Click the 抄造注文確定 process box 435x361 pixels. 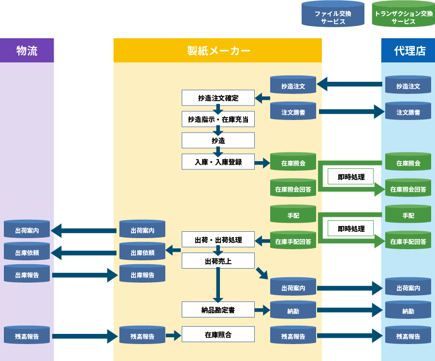point(218,98)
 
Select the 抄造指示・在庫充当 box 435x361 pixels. point(218,119)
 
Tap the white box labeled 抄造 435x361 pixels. point(218,140)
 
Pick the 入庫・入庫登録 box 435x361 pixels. point(218,162)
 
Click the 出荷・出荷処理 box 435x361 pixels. point(218,240)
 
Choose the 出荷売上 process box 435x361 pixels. point(218,261)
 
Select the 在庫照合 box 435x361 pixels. point(218,334)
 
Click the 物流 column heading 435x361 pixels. point(27,51)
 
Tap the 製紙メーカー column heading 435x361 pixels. point(218,51)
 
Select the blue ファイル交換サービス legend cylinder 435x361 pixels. point(333,15)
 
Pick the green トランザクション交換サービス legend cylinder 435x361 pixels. point(403,15)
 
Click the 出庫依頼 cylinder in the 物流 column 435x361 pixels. point(27,252)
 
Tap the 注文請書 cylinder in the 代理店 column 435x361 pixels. point(408,112)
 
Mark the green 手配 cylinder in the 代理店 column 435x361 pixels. point(408,215)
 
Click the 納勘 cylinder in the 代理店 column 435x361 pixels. point(408,311)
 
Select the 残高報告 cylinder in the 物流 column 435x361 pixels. point(27,336)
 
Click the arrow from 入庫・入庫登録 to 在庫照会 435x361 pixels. point(262,163)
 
